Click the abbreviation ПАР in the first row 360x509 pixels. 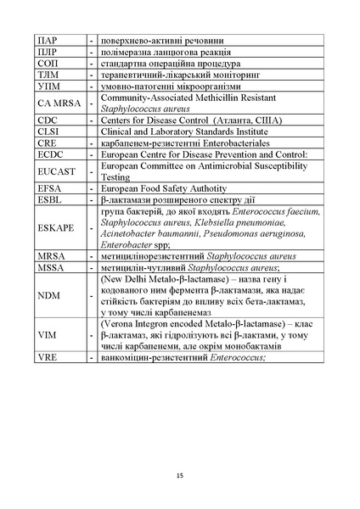[x=48, y=40]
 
